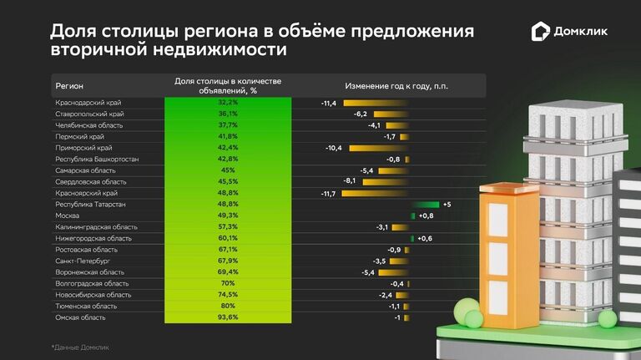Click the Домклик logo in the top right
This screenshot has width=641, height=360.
click(570, 33)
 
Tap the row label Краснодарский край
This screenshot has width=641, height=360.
click(85, 102)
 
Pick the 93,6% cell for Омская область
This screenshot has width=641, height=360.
click(228, 317)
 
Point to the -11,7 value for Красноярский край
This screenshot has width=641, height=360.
click(328, 193)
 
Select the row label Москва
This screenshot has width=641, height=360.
click(67, 215)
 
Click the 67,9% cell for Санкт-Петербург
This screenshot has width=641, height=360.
click(228, 261)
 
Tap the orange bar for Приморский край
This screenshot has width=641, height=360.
click(376, 148)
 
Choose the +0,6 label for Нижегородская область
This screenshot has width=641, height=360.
click(425, 238)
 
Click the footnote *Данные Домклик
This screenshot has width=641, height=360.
click(80, 347)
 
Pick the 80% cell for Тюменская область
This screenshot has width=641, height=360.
click(228, 307)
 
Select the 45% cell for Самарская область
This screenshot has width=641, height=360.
click(228, 170)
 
